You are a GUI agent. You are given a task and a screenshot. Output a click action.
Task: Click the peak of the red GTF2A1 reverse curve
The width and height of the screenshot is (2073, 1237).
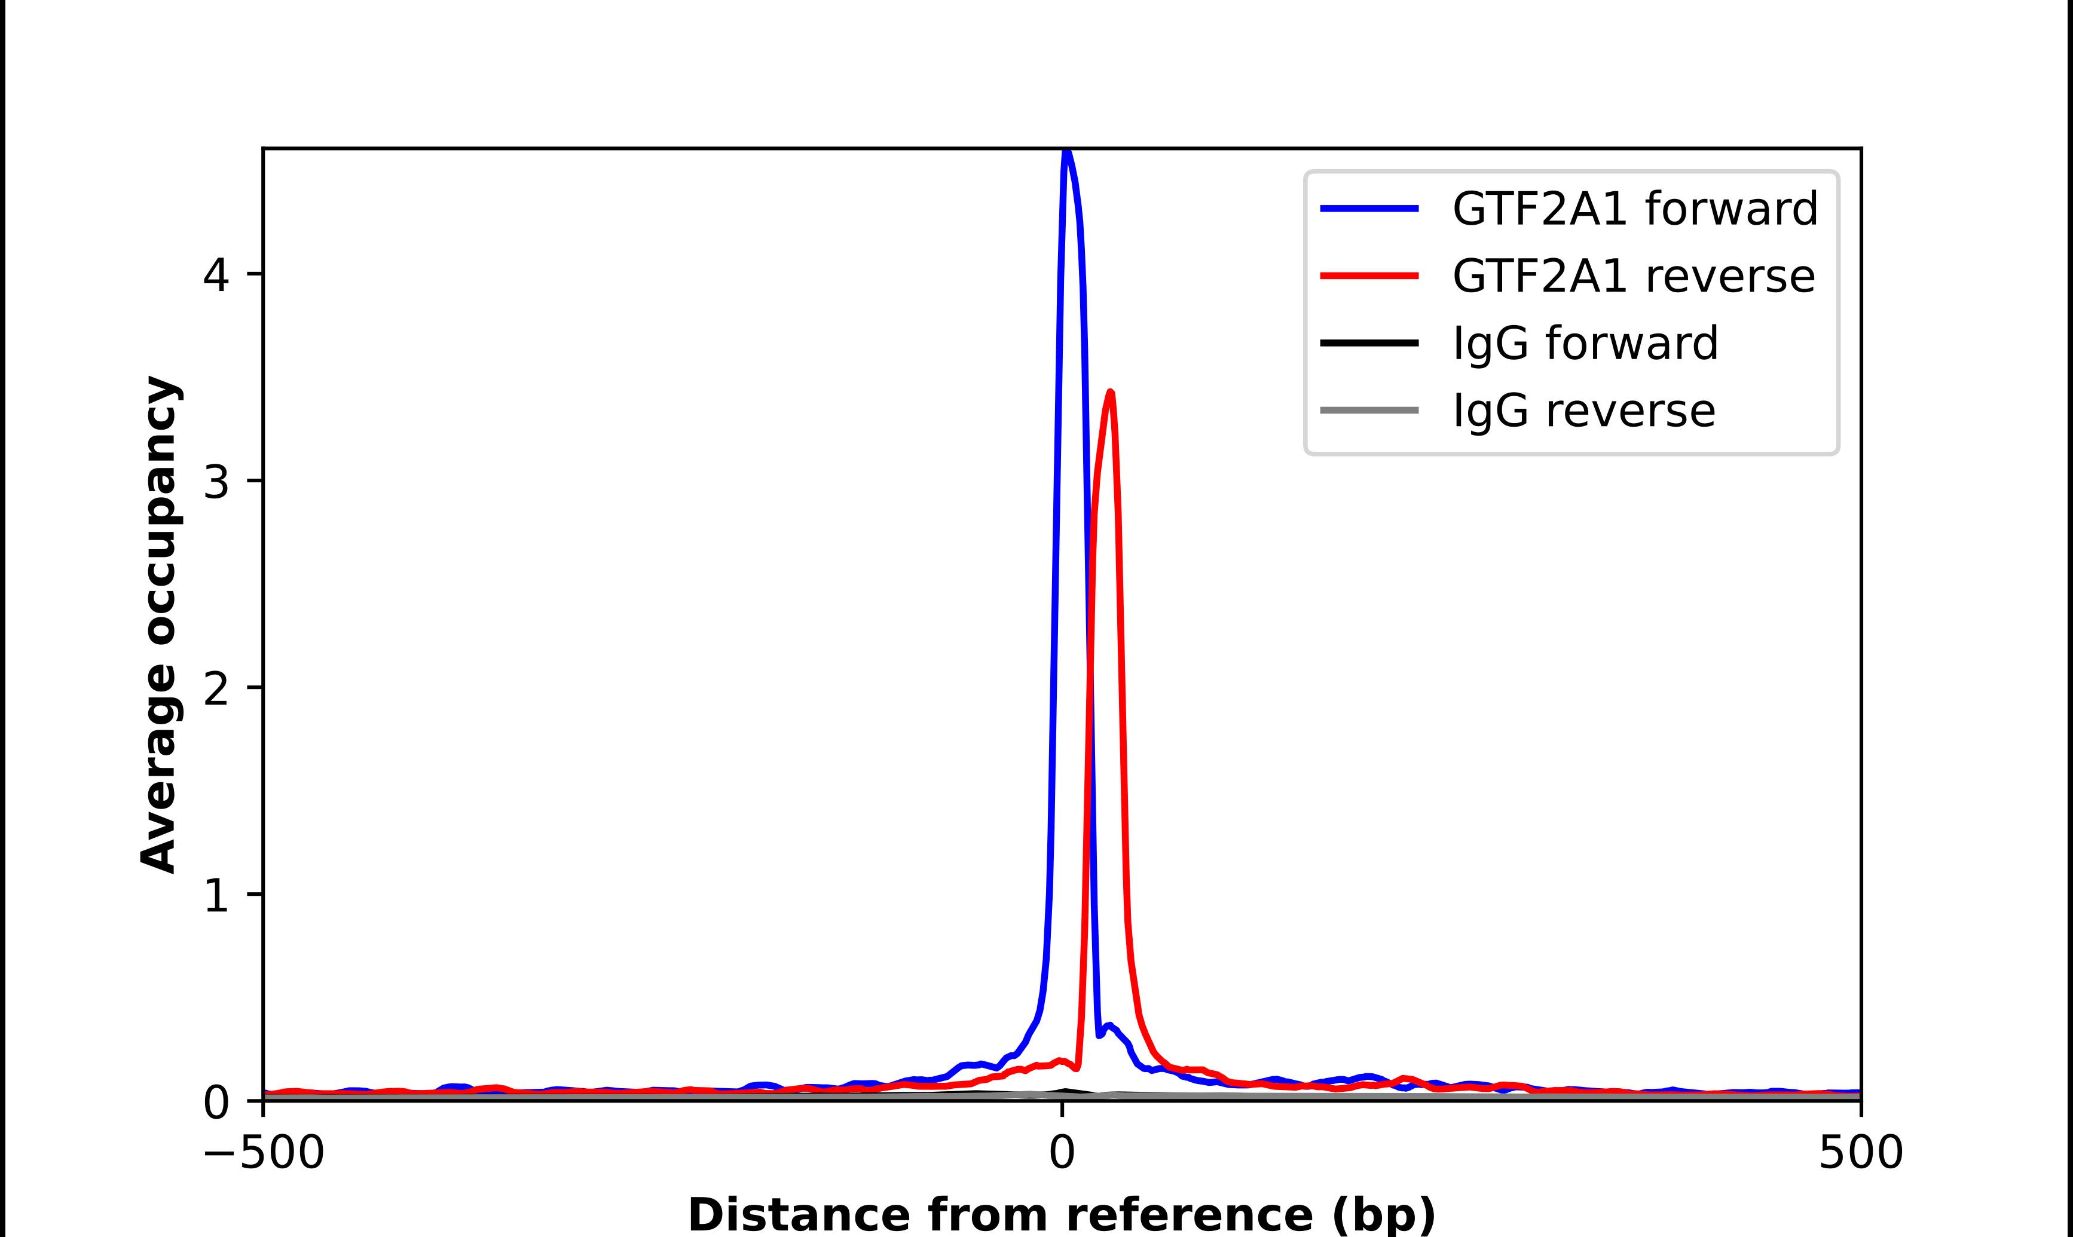click(1110, 393)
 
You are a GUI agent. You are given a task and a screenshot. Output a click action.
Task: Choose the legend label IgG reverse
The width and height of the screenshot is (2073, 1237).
click(1583, 411)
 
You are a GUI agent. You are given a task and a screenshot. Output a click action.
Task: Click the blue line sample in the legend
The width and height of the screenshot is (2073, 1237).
click(1369, 209)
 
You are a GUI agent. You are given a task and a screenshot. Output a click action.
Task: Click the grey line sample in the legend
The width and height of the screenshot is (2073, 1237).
click(1369, 410)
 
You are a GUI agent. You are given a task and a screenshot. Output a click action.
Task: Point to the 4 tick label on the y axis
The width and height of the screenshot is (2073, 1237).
click(216, 274)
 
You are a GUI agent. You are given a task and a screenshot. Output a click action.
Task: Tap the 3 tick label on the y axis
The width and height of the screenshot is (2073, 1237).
click(216, 481)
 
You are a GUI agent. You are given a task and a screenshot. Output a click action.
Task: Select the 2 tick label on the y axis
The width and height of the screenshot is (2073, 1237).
click(216, 688)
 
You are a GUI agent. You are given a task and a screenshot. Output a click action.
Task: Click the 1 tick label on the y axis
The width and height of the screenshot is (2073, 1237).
click(216, 895)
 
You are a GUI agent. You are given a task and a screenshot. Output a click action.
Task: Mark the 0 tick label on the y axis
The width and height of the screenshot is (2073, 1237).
click(216, 1102)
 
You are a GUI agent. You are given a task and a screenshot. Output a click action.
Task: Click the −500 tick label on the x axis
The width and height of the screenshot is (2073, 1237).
click(264, 1153)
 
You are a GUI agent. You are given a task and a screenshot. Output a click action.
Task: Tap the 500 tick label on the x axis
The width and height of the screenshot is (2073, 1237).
click(1860, 1153)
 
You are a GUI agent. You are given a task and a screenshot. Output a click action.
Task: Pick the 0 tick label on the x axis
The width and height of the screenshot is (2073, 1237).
click(1062, 1153)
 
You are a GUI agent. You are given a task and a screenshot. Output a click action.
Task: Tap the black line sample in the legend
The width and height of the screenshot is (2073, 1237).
click(1369, 342)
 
